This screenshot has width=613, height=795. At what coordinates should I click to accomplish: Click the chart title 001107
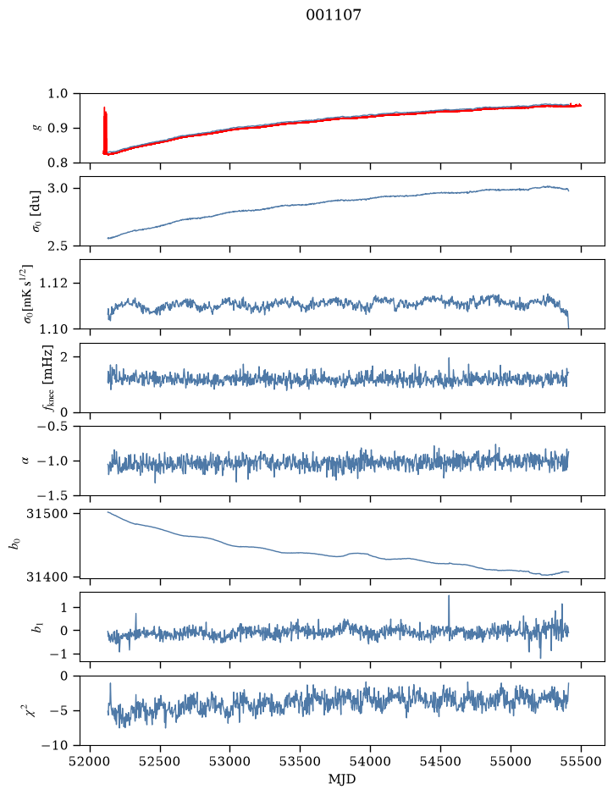[333, 14]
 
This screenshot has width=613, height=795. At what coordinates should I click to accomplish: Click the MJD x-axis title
[342, 779]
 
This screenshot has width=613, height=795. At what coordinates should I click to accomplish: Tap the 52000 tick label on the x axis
[91, 761]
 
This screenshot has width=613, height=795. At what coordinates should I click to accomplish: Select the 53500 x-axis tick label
[301, 761]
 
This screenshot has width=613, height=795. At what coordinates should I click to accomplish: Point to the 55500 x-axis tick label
[581, 761]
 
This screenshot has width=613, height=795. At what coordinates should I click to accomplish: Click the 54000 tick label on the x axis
[370, 761]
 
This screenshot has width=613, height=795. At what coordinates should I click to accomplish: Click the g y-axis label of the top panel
[36, 129]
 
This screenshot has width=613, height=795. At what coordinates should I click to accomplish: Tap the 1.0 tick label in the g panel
[58, 94]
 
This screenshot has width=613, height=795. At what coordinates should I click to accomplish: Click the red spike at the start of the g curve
[105, 130]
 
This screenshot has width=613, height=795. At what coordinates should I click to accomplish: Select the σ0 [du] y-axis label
[36, 211]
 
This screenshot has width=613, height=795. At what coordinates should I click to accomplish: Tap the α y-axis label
[25, 461]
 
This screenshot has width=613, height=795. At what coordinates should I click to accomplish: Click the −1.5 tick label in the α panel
[55, 495]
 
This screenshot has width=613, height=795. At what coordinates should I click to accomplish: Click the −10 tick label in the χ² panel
[58, 745]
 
